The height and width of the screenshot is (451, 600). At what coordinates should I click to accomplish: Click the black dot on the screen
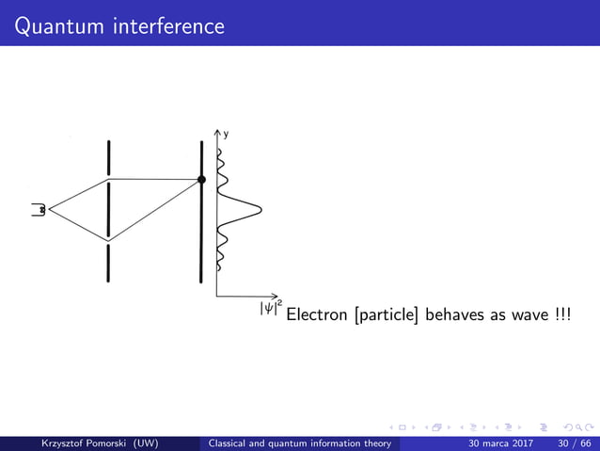[x=201, y=179]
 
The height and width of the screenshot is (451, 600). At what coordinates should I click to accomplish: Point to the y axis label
[x=225, y=135]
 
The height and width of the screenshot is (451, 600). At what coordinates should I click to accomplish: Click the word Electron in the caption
[x=317, y=314]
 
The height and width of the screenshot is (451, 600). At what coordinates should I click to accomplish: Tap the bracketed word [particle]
[x=387, y=314]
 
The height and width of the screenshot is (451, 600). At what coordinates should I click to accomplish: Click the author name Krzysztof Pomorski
[x=77, y=443]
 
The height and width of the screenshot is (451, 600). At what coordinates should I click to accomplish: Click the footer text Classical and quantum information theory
[x=304, y=443]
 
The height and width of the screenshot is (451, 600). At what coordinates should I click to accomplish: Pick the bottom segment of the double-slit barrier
[x=109, y=263]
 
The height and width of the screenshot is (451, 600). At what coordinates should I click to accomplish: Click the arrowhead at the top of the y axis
[x=217, y=132]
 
